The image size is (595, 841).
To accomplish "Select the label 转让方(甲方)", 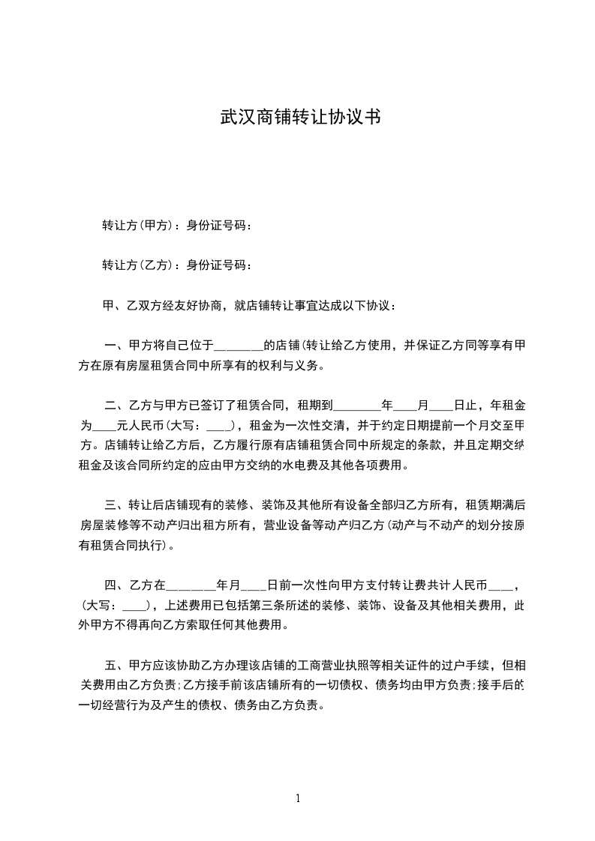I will pyautogui.click(x=137, y=224).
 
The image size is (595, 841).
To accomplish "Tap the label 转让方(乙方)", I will pyautogui.click(x=137, y=265).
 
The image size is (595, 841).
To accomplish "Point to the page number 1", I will pyautogui.click(x=298, y=798).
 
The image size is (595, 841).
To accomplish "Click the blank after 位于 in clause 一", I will pyautogui.click(x=240, y=346).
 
